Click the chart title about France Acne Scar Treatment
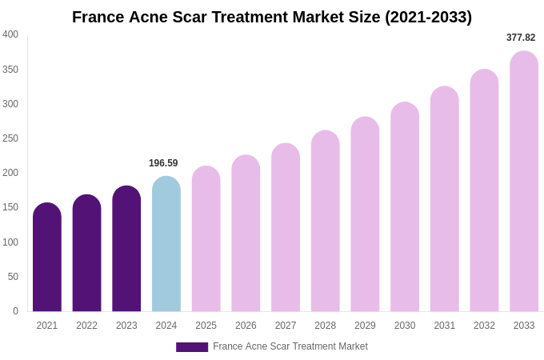click(272, 17)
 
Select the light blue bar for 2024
click(166, 244)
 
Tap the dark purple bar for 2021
click(47, 258)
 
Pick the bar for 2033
click(524, 182)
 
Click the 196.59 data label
click(163, 163)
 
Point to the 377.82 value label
click(521, 38)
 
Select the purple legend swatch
click(192, 347)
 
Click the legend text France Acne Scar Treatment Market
click(290, 346)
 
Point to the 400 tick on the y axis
click(10, 34)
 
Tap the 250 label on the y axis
click(10, 138)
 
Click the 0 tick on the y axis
click(15, 311)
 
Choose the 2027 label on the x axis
click(286, 326)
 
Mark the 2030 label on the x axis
click(405, 326)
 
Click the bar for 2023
click(126, 249)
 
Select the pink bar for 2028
click(326, 221)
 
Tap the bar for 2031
click(445, 199)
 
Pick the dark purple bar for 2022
click(87, 253)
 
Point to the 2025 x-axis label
click(206, 326)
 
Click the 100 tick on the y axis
click(10, 242)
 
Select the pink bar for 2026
click(246, 234)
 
